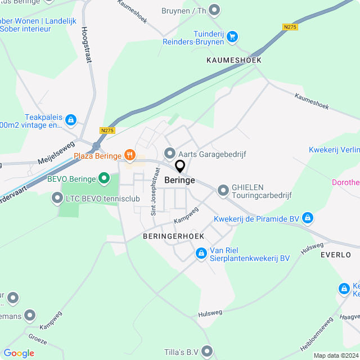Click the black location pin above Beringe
pos(180,166)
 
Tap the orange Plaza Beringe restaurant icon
pos(130,155)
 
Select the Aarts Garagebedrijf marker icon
pos(169,153)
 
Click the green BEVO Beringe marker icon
pos(103,179)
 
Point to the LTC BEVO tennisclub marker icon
pos(57,197)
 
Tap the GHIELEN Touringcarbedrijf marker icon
pos(223,190)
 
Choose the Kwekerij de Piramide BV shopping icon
pos(308,218)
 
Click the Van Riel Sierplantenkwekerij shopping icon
pos(201,254)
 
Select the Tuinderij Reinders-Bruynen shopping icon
pos(232,38)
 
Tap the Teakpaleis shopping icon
pos(70,119)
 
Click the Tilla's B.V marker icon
pos(208,352)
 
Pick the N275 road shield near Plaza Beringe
pos(107,130)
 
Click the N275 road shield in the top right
pos(290,27)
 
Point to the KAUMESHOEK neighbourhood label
pos(234,60)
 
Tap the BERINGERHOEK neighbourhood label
pos(173,236)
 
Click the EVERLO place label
pos(335,254)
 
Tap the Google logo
pos(19,353)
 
